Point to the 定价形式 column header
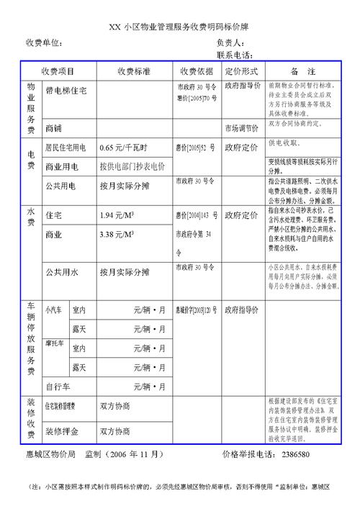coord(241,72)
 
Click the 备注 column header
coord(303,72)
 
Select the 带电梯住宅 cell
coord(66,91)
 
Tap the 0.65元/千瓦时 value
coord(123,148)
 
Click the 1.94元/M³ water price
coord(118,215)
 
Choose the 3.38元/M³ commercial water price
coord(118,235)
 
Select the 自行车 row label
coord(58,387)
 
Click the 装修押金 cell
coord(62,431)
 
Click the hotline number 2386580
coord(296,455)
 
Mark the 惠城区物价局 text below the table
coord(51,455)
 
